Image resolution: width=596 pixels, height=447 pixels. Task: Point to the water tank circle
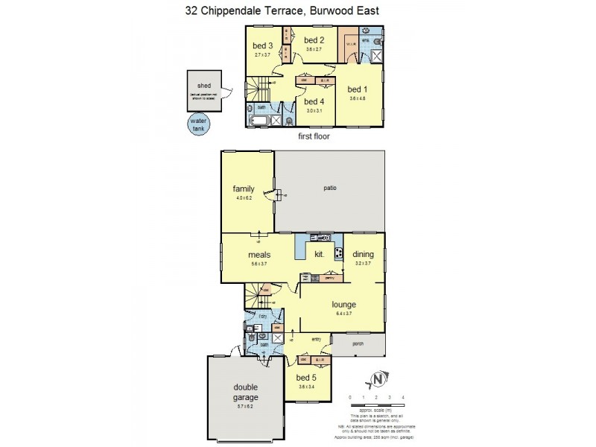point(197,124)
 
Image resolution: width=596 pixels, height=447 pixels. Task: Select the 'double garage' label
point(244,391)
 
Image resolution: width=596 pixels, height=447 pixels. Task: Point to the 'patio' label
point(330,188)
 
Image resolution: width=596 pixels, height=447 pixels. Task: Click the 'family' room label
point(244,188)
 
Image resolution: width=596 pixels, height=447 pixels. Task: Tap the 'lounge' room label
point(344,304)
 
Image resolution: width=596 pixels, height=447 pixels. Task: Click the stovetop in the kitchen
point(337,254)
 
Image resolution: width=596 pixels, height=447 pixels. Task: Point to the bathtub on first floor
point(260,121)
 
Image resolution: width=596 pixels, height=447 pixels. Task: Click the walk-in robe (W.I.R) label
point(349,44)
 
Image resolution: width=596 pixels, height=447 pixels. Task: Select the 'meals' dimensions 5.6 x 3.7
point(259,264)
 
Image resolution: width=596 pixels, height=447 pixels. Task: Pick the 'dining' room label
point(363,254)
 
